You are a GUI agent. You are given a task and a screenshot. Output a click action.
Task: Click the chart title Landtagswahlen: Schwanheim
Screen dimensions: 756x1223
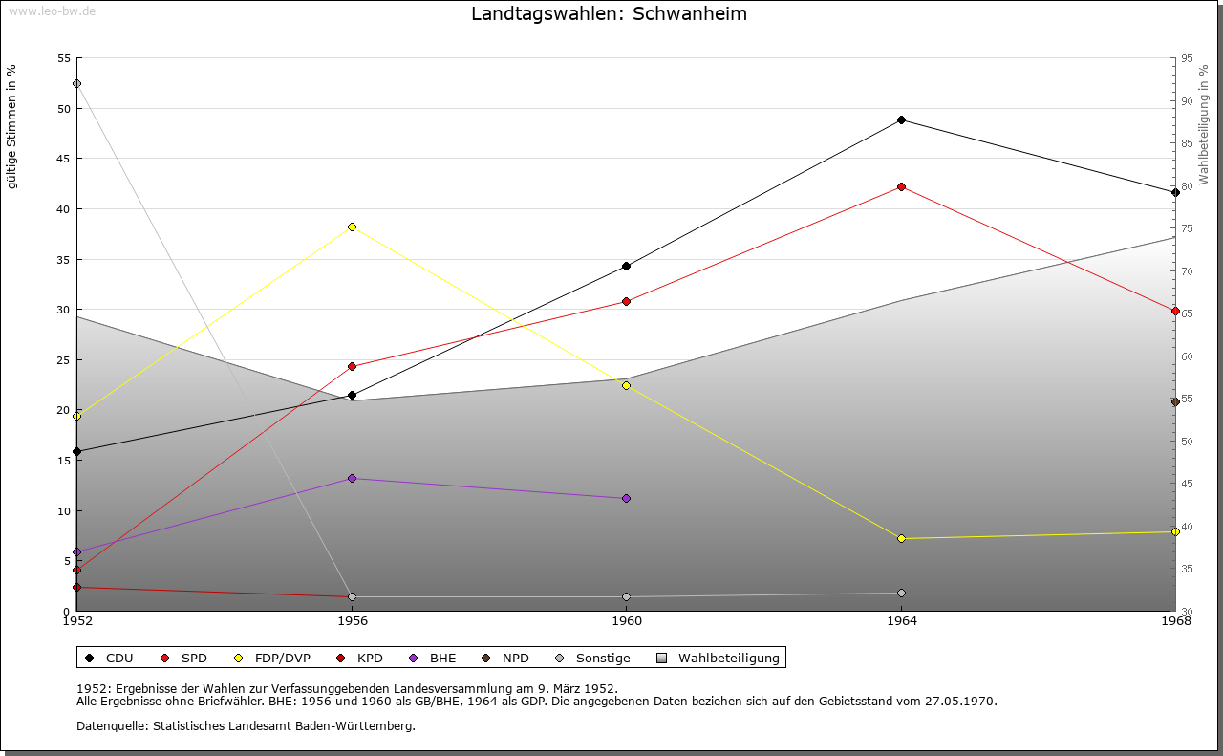coord(610,14)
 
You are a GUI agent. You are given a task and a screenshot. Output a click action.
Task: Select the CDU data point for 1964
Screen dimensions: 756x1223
coord(901,120)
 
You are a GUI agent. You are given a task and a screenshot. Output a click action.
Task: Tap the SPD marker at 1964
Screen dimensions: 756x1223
coord(901,187)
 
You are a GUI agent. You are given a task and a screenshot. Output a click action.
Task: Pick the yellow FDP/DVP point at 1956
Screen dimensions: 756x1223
coord(352,227)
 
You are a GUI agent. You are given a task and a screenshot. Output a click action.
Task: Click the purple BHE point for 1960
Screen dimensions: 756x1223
coord(626,499)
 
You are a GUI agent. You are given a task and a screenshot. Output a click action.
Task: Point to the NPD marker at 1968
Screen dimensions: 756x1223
coord(1175,402)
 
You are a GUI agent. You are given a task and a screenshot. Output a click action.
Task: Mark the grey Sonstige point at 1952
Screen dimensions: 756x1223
coord(76,84)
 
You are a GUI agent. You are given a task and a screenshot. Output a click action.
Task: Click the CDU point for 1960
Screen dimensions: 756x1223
coord(626,267)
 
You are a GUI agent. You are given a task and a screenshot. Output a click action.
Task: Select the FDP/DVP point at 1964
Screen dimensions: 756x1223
coord(901,539)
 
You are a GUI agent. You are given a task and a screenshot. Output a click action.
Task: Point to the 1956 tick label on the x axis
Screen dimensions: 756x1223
coord(352,622)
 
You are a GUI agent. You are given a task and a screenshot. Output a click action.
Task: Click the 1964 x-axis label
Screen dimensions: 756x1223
coord(901,622)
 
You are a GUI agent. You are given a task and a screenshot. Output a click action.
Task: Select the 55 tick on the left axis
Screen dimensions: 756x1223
coord(64,58)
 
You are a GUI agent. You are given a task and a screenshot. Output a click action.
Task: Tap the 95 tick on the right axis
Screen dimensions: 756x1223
coord(1187,58)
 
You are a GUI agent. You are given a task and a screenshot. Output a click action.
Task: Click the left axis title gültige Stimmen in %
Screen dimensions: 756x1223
coord(12,126)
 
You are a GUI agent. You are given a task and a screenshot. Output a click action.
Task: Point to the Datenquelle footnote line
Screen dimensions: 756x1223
coord(246,726)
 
